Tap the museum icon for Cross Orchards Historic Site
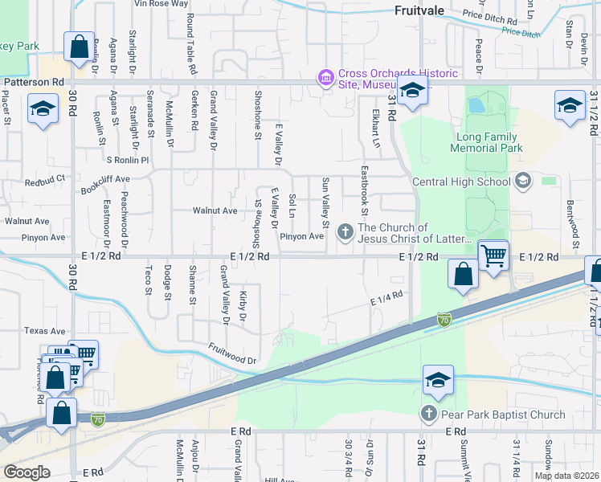coord(326,76)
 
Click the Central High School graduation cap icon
coord(524,181)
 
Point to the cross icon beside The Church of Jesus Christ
coord(345,233)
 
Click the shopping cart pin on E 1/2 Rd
coord(493,255)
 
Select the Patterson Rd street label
coord(35,82)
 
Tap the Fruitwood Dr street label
coord(231,353)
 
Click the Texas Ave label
coord(44,330)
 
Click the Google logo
coord(27,472)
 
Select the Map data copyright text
coord(566,476)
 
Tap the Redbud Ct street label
coord(43,182)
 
